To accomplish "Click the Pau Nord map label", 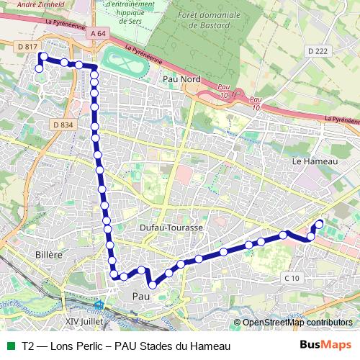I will coord(181,80).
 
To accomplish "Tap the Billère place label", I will coord(50,254).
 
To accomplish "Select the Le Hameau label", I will coord(315,161).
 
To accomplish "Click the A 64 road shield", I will coord(99,34).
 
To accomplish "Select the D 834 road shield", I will coord(63,125).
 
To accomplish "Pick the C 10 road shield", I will coord(292,278).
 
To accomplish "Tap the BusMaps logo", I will coord(326,346).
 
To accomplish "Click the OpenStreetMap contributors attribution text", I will coord(296,323).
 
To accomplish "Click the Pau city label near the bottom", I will coord(141,296).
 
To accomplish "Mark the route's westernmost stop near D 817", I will coord(39,68).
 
